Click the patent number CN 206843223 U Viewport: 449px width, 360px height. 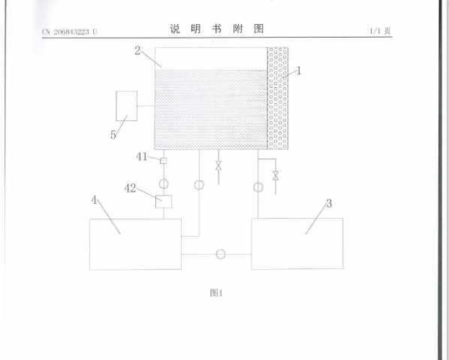[70, 32]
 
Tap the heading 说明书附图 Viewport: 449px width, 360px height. [216, 29]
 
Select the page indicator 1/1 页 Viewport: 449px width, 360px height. [380, 31]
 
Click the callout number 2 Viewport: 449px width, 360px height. [137, 51]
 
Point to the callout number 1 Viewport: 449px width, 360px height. [299, 71]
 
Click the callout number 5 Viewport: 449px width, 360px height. [113, 135]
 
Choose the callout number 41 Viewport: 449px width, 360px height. [141, 157]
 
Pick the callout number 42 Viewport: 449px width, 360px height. [130, 189]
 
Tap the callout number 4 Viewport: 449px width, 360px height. [94, 200]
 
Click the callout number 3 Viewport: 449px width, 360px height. [329, 204]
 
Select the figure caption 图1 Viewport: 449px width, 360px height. [216, 293]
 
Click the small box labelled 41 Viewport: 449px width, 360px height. [164, 161]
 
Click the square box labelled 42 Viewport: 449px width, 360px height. [164, 201]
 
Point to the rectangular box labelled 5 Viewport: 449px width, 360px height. [127, 106]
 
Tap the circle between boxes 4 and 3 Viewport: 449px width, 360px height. [221, 254]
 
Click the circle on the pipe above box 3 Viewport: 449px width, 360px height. [258, 188]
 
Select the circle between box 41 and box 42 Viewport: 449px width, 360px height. [164, 183]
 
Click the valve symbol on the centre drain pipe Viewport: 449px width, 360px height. [218, 165]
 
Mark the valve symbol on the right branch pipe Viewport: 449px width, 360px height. [276, 176]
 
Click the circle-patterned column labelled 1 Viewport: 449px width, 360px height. [278, 98]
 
